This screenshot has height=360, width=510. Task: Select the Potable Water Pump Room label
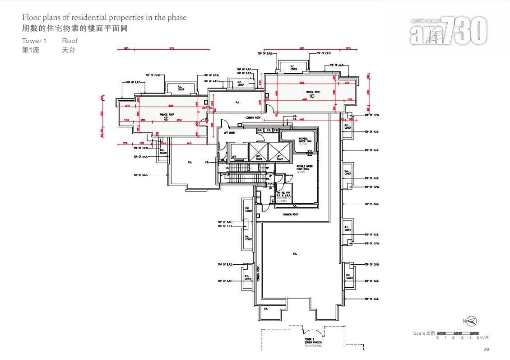(x=305, y=168)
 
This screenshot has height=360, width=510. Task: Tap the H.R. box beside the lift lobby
(x=260, y=131)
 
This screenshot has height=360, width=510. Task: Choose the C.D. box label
(x=269, y=131)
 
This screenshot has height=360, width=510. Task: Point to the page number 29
(x=486, y=349)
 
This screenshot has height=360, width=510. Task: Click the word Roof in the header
(x=70, y=41)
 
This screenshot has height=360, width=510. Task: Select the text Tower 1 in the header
(x=34, y=41)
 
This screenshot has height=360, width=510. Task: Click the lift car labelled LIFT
(x=234, y=156)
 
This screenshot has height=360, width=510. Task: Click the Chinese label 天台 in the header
(x=69, y=50)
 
